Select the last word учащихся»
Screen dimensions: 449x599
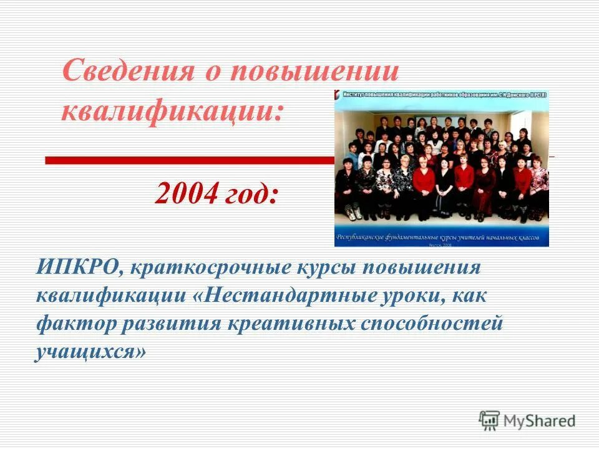92,352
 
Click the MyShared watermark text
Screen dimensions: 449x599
540,421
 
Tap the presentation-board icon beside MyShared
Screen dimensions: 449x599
490,420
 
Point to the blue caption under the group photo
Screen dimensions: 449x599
442,238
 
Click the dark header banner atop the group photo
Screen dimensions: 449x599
442,94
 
